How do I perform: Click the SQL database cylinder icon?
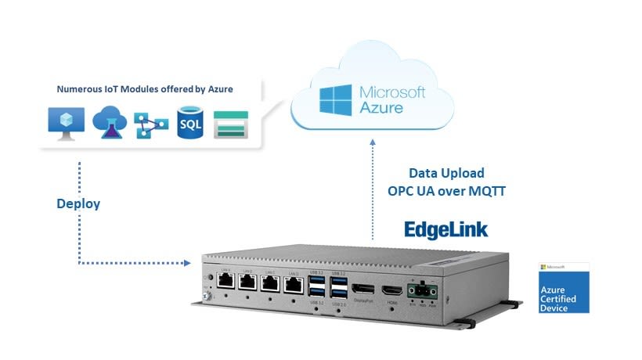[189, 124]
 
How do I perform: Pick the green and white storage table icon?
[230, 124]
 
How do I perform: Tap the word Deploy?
[78, 203]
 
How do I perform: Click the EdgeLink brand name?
[445, 229]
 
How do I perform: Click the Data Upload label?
[446, 173]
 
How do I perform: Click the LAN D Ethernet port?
[293, 283]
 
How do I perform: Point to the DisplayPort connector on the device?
[362, 290]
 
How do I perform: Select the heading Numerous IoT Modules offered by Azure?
[144, 89]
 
